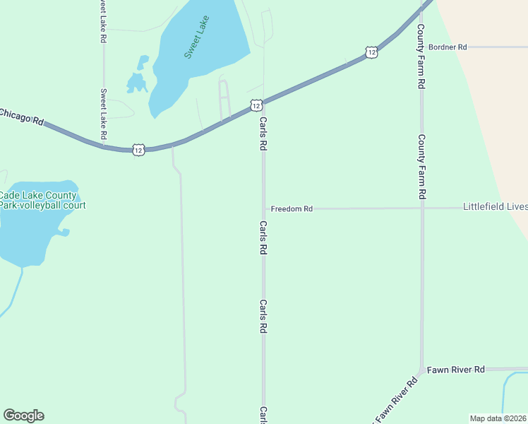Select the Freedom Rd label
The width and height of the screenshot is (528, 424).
coord(291,209)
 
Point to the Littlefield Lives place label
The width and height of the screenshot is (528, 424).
coord(495,207)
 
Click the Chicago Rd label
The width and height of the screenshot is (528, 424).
coord(21,116)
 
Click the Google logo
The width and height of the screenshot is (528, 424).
coord(23,416)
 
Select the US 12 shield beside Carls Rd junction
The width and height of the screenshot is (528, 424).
coord(256,105)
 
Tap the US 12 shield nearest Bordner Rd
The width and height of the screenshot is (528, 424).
coord(371,52)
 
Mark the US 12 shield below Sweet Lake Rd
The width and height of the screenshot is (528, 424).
coord(138,150)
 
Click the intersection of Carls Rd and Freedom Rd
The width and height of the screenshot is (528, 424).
coord(264,209)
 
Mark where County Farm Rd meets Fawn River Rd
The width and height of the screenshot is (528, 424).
coord(421,370)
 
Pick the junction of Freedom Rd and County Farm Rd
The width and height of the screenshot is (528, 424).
coord(421,208)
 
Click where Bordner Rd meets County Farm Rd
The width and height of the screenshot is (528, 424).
coord(421,47)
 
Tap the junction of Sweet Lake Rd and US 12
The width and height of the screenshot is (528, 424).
coord(104,146)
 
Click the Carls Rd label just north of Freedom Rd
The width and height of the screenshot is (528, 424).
coord(263,134)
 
